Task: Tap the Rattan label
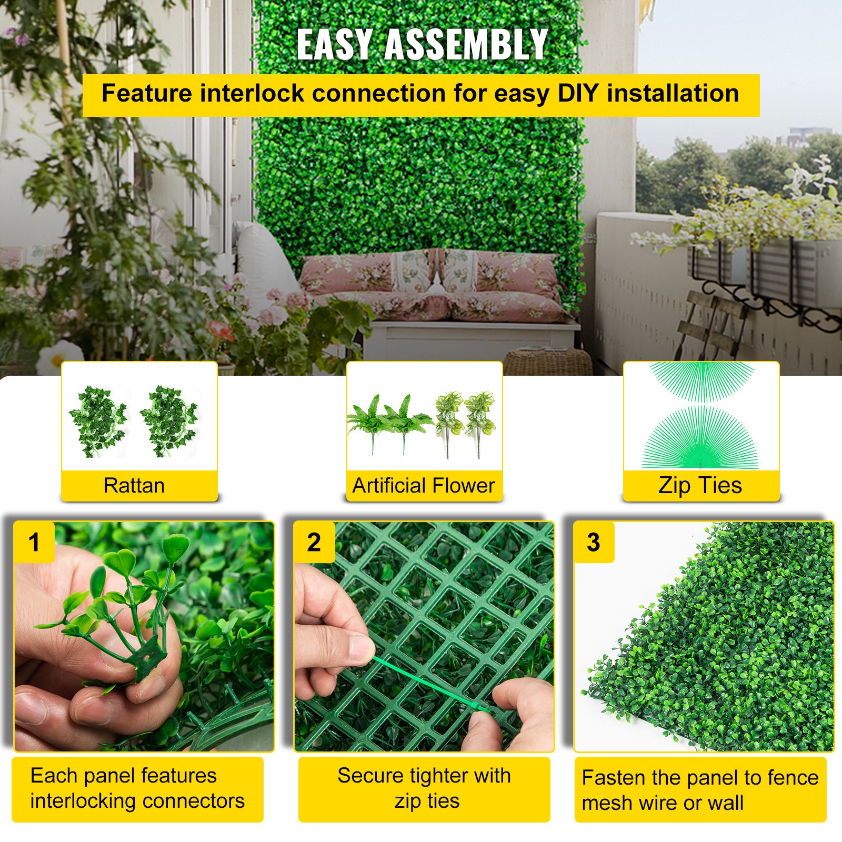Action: click(x=134, y=485)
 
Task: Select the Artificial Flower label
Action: click(x=424, y=485)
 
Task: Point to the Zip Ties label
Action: click(x=700, y=485)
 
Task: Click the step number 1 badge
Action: click(x=34, y=542)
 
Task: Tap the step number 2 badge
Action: click(x=314, y=542)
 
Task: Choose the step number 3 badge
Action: click(x=594, y=542)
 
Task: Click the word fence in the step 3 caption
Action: click(x=793, y=778)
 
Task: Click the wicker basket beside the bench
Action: click(x=547, y=362)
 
